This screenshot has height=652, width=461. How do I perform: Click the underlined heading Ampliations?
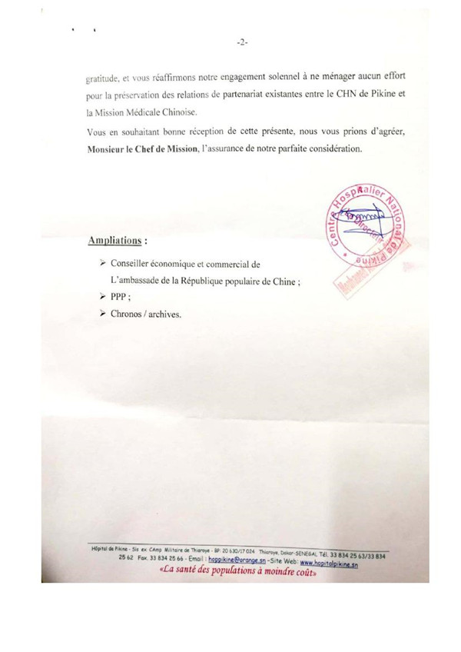click(117, 241)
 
